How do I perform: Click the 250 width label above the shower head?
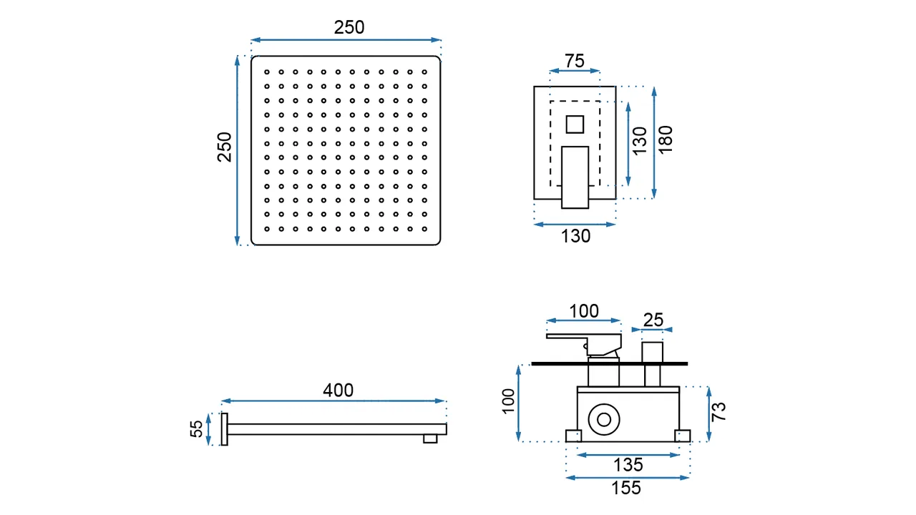349,27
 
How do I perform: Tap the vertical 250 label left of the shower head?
225,147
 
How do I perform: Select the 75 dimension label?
575,62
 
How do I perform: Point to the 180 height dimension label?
666,139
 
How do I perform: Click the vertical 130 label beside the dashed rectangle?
640,140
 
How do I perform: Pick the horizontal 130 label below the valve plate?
575,236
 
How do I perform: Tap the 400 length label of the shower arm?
338,391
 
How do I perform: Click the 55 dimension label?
197,429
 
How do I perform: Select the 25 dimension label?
653,320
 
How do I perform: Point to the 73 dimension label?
719,411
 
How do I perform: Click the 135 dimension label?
628,465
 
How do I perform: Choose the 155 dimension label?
627,489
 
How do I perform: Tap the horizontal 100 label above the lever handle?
584,311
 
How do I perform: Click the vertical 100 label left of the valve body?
508,401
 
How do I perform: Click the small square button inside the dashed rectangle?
575,124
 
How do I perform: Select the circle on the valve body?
602,420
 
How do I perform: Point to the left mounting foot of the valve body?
572,436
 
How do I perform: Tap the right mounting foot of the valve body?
683,436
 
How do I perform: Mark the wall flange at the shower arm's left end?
224,429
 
